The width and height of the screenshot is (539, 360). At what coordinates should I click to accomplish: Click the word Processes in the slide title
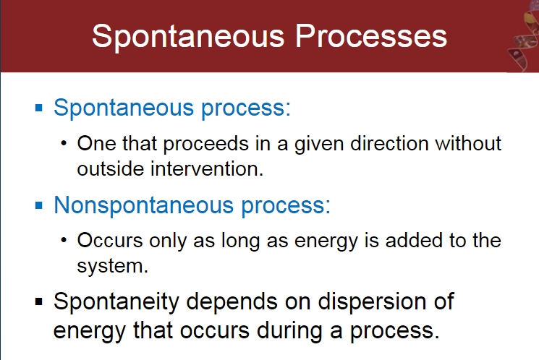click(x=371, y=36)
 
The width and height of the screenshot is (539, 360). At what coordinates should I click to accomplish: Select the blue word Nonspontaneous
click(x=144, y=206)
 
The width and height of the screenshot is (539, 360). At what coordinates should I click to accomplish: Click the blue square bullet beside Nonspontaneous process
click(x=39, y=205)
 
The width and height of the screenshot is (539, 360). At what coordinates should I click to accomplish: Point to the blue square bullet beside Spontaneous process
click(x=39, y=108)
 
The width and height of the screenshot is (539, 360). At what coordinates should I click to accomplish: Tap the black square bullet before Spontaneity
click(x=39, y=302)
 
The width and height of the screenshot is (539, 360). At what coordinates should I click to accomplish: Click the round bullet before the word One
click(x=64, y=143)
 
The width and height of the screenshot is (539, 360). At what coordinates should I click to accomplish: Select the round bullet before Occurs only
click(x=64, y=240)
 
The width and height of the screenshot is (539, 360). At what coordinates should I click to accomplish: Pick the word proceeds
click(x=205, y=145)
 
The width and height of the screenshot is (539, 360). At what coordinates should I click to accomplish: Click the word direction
click(x=389, y=143)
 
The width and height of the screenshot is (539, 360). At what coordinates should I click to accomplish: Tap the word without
click(x=468, y=143)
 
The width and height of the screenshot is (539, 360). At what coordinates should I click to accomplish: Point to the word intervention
click(x=207, y=169)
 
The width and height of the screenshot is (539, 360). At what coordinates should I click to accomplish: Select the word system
click(x=112, y=267)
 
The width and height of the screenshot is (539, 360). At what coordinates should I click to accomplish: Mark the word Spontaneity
click(x=116, y=303)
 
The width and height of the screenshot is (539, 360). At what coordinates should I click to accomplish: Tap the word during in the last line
click(x=289, y=330)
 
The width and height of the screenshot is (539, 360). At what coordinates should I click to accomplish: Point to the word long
click(x=240, y=241)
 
